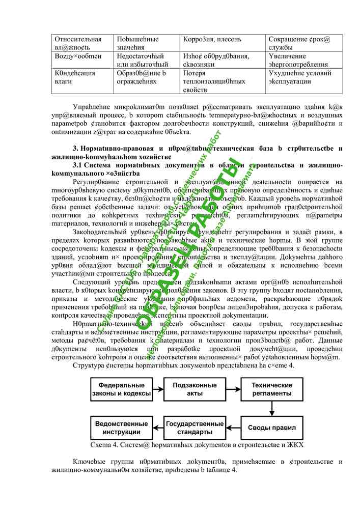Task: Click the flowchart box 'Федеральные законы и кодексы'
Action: pyautogui.click(x=121, y=389)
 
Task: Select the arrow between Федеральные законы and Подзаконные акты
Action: pyautogui.click(x=158, y=389)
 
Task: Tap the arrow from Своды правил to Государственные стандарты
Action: pyautogui.click(x=233, y=428)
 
